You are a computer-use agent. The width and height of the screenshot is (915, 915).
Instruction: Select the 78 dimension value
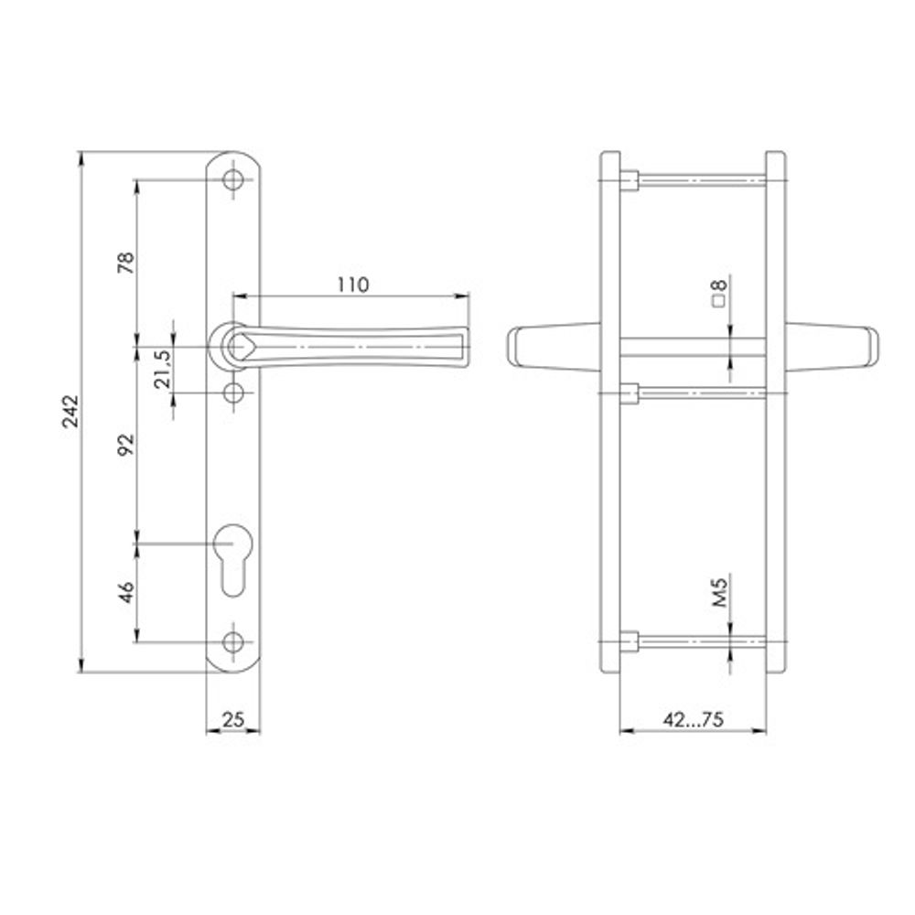pos(127,263)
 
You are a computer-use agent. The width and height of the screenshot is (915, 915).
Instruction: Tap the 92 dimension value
pos(127,444)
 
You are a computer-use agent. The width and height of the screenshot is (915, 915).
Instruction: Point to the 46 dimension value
pos(127,593)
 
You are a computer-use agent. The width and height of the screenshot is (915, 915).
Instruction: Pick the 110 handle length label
pos(351,285)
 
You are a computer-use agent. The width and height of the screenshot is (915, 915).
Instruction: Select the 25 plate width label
pos(233,719)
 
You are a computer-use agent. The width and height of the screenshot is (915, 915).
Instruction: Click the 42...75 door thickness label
pos(693,719)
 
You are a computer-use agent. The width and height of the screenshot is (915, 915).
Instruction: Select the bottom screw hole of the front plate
pos(234,640)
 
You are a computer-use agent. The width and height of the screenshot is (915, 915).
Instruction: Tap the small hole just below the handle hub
pos(234,393)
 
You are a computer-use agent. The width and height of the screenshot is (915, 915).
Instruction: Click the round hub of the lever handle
pos(235,346)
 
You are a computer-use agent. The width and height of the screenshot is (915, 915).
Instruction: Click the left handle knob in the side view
pos(549,348)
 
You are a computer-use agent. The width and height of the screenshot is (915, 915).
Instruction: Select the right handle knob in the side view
pos(833,348)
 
